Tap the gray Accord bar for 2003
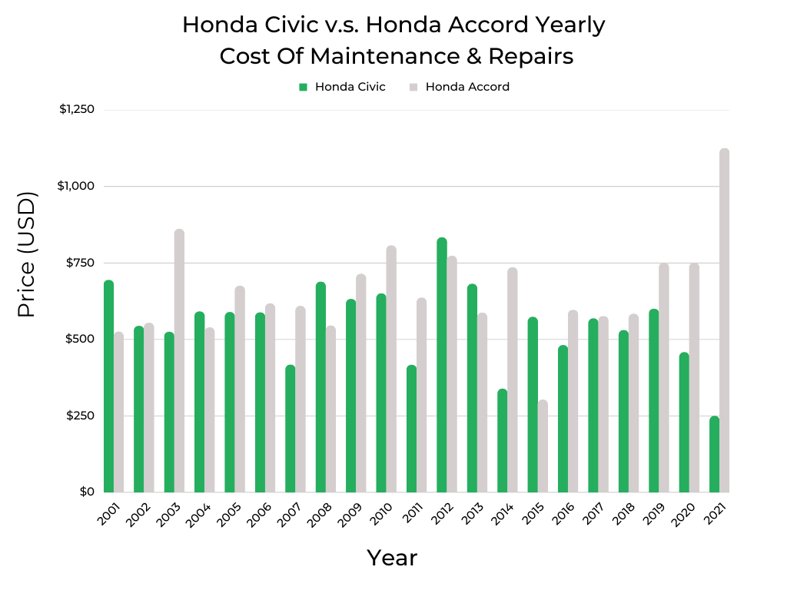coord(179,360)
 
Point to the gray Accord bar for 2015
coord(543,446)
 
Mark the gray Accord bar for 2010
coord(391,369)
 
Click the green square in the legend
coord(303,87)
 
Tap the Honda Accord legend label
coord(467,87)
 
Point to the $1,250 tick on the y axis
coord(77,109)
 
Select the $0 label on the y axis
coord(87,492)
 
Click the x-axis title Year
coord(392,557)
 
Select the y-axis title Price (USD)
coord(27,256)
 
